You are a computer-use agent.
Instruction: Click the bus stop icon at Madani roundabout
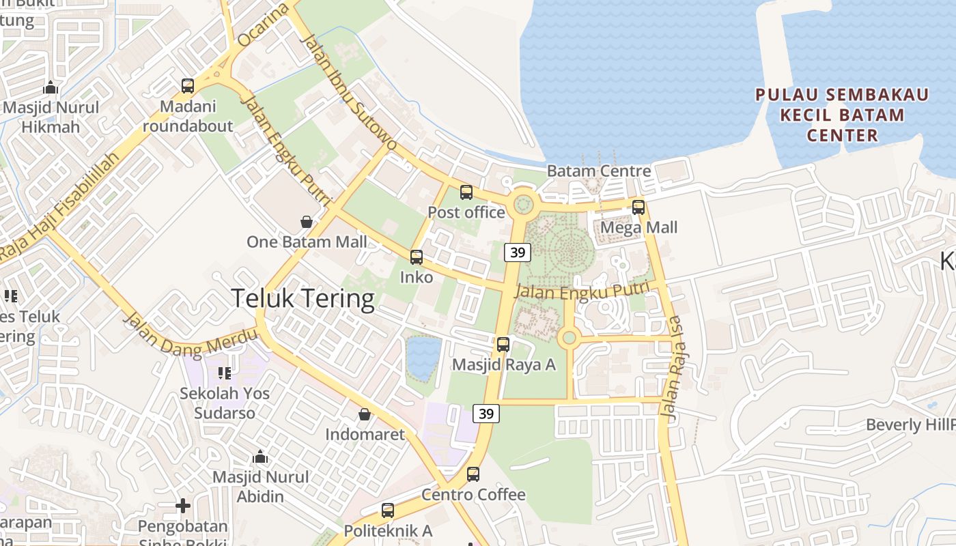[188, 86]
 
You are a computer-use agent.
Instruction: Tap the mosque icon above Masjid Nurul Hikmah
[51, 87]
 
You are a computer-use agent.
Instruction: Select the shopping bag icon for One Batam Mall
[307, 222]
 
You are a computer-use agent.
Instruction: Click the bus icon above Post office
[466, 192]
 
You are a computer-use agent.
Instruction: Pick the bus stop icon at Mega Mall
[638, 207]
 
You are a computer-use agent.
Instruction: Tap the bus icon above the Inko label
[417, 257]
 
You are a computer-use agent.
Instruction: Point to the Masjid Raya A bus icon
[503, 345]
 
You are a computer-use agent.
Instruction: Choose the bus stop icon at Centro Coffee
[473, 474]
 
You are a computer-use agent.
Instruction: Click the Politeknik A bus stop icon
[388, 510]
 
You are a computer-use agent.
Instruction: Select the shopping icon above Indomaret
[365, 414]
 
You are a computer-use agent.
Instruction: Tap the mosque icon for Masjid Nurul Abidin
[260, 457]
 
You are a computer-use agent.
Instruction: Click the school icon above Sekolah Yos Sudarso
[225, 373]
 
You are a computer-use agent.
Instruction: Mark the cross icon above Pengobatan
[183, 506]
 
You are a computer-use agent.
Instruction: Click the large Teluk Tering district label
[303, 299]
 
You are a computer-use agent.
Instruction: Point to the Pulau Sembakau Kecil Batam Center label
[842, 115]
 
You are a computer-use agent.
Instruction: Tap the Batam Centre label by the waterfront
[599, 171]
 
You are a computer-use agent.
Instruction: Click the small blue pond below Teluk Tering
[423, 358]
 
